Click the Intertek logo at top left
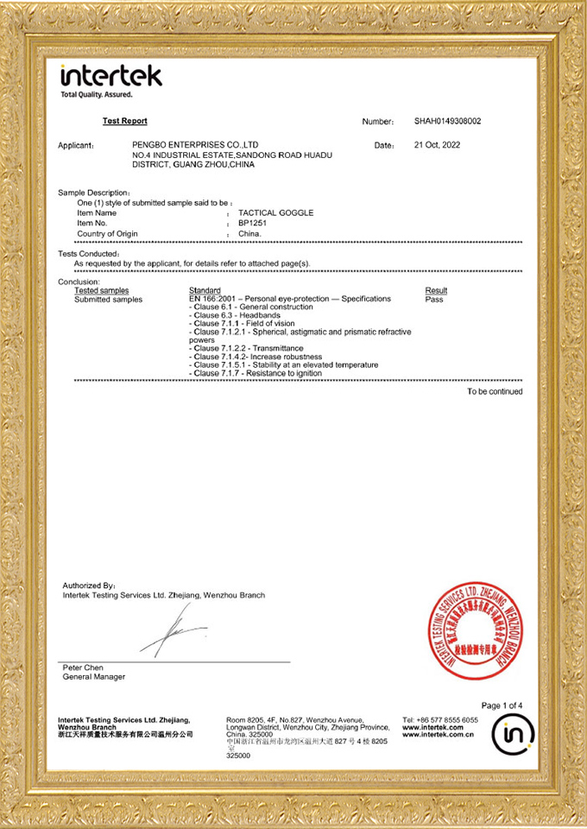pyautogui.click(x=110, y=77)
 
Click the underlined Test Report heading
pyautogui.click(x=124, y=121)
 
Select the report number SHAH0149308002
pyautogui.click(x=447, y=122)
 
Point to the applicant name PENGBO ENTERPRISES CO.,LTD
pyautogui.click(x=196, y=145)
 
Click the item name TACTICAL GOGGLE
pyautogui.click(x=275, y=212)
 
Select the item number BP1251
pyautogui.click(x=253, y=223)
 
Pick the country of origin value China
pyautogui.click(x=249, y=234)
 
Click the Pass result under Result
pyautogui.click(x=434, y=299)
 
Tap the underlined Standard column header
pyautogui.click(x=205, y=290)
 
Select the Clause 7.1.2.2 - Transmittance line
pyautogui.click(x=245, y=348)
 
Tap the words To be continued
pyautogui.click(x=495, y=391)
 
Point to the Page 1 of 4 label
pyautogui.click(x=502, y=705)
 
